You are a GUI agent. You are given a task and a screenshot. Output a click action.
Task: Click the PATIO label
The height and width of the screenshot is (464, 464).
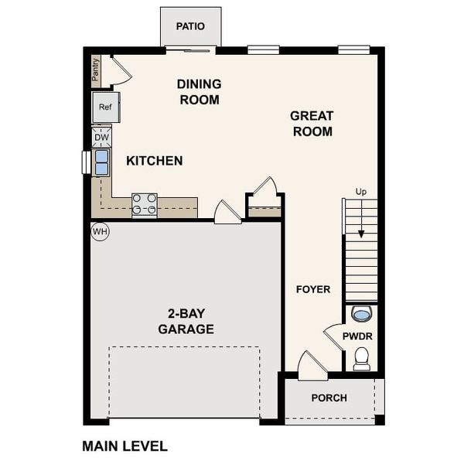tap(190, 26)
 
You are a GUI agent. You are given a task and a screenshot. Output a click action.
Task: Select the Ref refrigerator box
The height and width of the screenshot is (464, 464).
tap(105, 107)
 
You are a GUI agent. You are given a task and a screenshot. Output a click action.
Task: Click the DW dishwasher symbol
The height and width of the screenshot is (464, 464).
tap(102, 138)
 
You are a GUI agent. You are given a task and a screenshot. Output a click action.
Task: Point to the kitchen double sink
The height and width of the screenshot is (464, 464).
tap(102, 163)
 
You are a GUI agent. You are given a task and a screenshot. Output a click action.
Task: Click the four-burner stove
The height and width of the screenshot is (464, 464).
tap(145, 204)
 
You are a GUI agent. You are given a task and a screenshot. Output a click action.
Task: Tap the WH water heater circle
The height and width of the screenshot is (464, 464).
tap(100, 230)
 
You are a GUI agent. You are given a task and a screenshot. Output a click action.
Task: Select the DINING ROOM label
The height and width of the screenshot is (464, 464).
tap(200, 92)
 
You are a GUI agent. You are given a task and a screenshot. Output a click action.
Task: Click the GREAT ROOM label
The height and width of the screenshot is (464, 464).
tap(312, 124)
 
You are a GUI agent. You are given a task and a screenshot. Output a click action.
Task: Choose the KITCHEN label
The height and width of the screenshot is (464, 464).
tap(155, 161)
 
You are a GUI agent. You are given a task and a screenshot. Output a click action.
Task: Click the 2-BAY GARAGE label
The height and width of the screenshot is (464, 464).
tap(186, 322)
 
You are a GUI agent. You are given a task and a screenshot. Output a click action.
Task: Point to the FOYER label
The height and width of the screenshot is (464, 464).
tap(313, 289)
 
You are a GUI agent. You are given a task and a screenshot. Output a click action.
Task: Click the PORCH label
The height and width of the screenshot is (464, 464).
tap(329, 398)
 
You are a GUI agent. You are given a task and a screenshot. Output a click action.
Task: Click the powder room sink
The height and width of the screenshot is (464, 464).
tap(361, 313)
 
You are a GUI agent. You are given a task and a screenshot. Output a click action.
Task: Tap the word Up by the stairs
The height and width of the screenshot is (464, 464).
tap(360, 191)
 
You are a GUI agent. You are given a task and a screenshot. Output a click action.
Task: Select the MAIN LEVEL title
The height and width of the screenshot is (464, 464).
tap(125, 446)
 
